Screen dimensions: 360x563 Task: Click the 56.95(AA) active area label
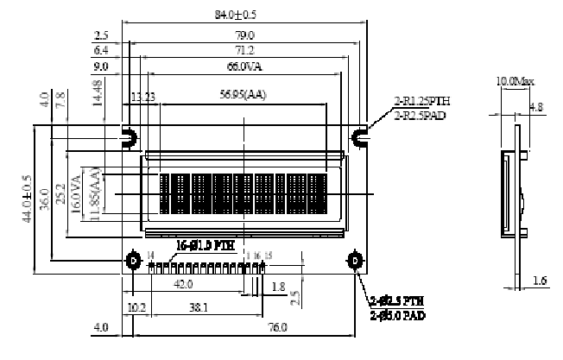click(244, 95)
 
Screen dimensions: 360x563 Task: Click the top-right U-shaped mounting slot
click(357, 136)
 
